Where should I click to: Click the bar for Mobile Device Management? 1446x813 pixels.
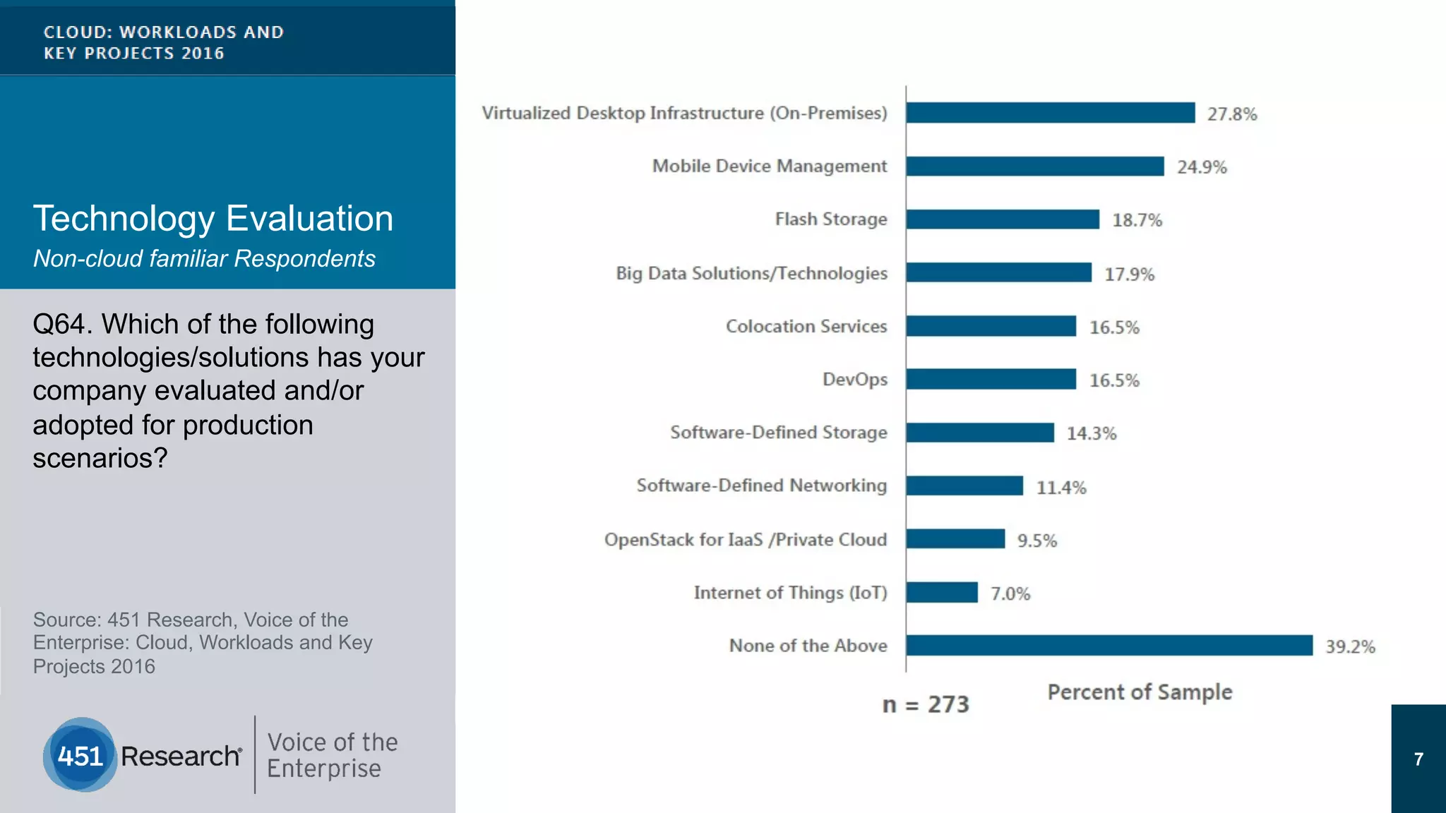[1034, 167]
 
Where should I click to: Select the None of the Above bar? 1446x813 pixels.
[1109, 645]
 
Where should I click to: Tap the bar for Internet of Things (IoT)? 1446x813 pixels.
[942, 592]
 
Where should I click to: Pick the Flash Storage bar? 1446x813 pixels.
[1003, 219]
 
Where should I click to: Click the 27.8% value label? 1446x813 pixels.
[1231, 114]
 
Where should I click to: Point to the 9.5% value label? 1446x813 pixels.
[1036, 541]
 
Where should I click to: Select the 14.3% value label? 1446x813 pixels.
[1091, 433]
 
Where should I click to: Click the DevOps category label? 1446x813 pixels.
[854, 380]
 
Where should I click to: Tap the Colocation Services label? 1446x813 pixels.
[806, 327]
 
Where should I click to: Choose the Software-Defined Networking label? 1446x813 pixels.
[761, 486]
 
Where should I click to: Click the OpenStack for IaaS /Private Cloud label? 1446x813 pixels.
[745, 540]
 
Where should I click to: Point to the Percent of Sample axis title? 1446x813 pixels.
[1139, 692]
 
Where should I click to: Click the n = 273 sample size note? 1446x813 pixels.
[925, 704]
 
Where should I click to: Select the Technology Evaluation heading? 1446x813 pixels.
[213, 219]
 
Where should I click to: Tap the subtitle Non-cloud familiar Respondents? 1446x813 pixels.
[204, 259]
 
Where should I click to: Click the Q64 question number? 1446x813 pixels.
[62, 325]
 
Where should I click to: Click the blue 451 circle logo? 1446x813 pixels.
[80, 755]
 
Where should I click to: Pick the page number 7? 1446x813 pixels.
[1418, 759]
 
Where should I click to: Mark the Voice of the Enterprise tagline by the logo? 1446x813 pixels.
[332, 755]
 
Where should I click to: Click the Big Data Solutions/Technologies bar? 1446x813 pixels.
[998, 272]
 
